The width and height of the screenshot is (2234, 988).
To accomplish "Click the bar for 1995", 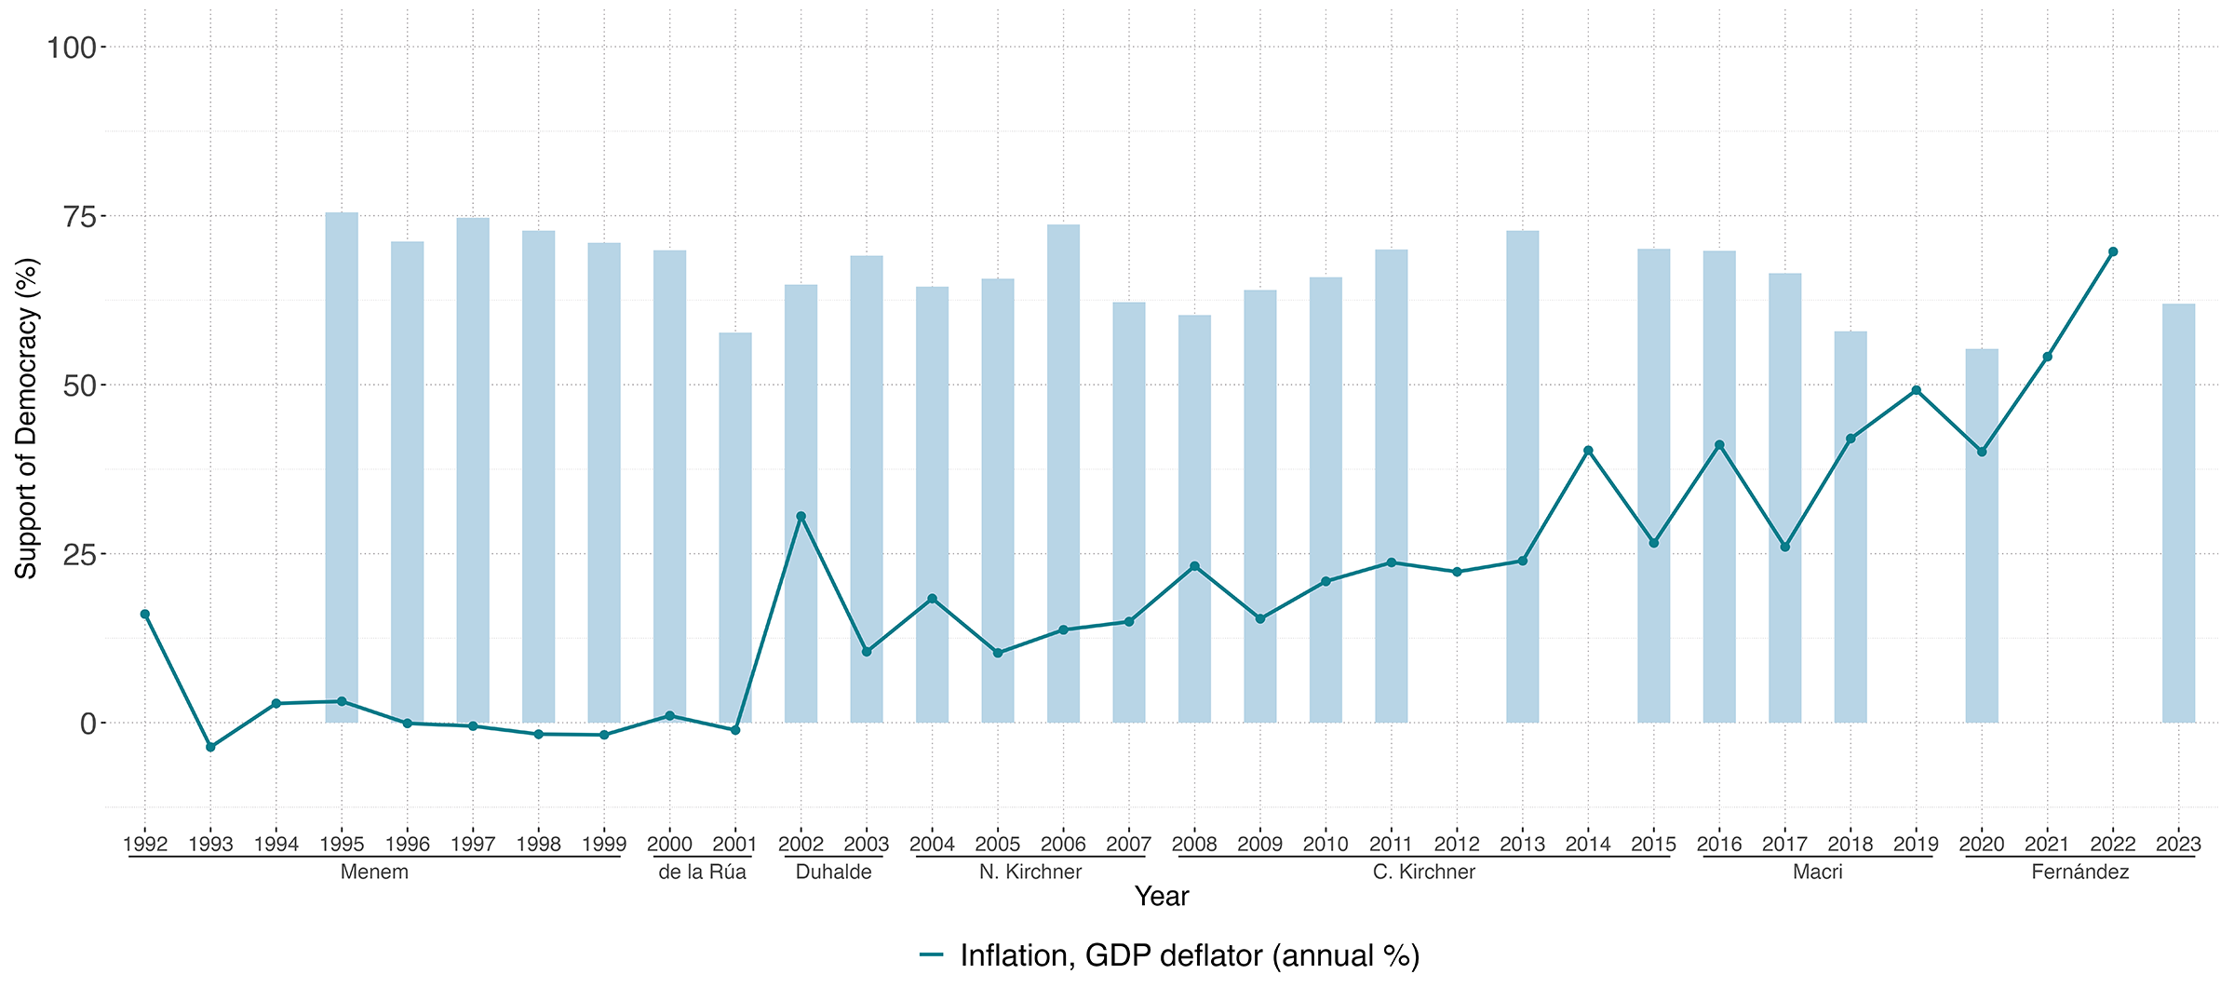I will tap(342, 466).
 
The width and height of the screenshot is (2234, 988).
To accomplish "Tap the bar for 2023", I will tap(2178, 512).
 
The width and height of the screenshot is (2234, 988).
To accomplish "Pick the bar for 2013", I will tap(1522, 475).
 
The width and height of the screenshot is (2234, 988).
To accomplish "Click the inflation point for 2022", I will tap(2113, 251).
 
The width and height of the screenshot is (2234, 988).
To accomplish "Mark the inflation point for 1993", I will tap(210, 747).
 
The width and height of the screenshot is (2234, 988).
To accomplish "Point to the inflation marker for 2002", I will tap(801, 516).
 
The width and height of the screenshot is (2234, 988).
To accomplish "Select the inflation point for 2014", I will tap(1588, 451).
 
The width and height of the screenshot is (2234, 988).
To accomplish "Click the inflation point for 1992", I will tap(145, 614).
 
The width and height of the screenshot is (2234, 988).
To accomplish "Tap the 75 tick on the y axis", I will tap(83, 217).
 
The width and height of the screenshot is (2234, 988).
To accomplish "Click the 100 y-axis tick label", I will tap(72, 47).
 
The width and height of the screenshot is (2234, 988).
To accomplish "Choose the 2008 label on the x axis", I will tap(1194, 845).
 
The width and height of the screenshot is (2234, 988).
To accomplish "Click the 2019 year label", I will tap(1916, 845).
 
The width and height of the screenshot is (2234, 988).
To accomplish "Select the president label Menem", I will tap(374, 873).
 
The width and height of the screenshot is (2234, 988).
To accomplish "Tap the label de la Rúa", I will tap(702, 873).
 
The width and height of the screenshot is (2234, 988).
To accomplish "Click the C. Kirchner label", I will tap(1424, 873).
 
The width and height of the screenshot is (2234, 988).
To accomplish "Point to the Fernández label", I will tap(2080, 873).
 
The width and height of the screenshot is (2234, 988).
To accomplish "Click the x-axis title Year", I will tap(1162, 897).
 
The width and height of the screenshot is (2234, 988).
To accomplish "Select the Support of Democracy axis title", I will tap(26, 419).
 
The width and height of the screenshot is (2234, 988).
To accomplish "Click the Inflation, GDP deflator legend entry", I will tap(1169, 956).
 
